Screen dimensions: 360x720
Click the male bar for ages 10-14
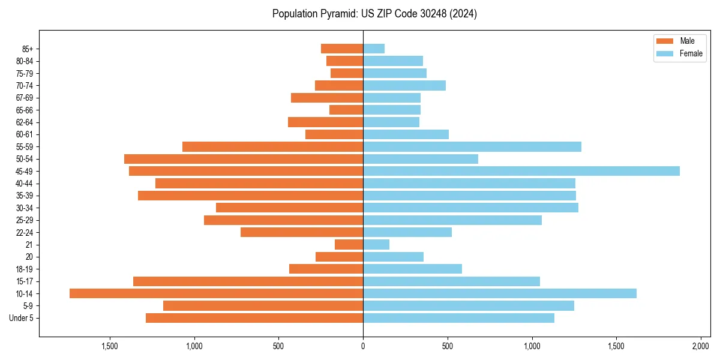click(216, 293)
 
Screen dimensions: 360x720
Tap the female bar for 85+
click(374, 49)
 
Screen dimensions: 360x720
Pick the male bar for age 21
click(349, 244)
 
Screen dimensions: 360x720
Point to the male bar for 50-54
click(244, 159)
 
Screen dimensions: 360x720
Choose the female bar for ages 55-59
click(472, 146)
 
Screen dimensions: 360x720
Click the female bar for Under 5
click(458, 318)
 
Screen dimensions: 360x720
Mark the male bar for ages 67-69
click(327, 98)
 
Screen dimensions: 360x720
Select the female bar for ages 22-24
click(407, 232)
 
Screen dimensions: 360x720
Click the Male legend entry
click(687, 41)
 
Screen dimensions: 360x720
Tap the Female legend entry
click(691, 53)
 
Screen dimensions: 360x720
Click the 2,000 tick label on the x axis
click(701, 347)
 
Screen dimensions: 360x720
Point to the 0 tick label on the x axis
click(363, 347)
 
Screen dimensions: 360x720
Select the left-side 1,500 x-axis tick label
click(109, 347)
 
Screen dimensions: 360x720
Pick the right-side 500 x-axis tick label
click(448, 347)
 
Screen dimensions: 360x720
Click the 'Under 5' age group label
click(21, 318)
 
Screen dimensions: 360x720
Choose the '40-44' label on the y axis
click(24, 184)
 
